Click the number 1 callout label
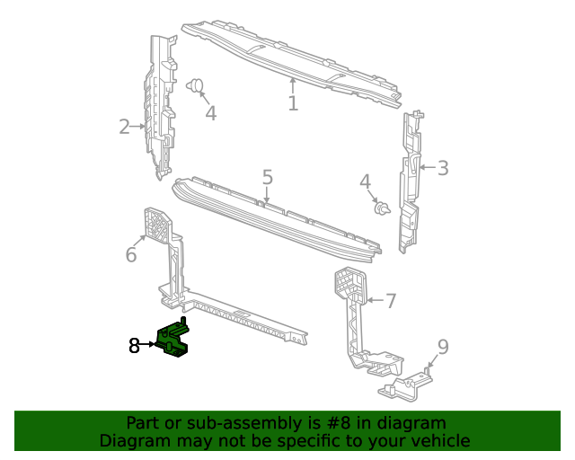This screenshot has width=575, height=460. (x=293, y=103)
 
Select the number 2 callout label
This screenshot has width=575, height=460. (x=124, y=127)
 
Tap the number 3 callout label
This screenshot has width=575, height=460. (x=442, y=167)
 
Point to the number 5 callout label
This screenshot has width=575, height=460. (x=268, y=177)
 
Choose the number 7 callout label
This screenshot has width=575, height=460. (x=391, y=301)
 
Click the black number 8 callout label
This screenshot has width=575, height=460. (x=134, y=345)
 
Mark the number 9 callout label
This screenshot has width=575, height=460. (x=442, y=348)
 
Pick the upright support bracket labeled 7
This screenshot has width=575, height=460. (x=355, y=314)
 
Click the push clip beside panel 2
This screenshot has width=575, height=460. (x=196, y=87)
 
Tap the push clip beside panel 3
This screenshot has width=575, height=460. (x=383, y=209)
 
